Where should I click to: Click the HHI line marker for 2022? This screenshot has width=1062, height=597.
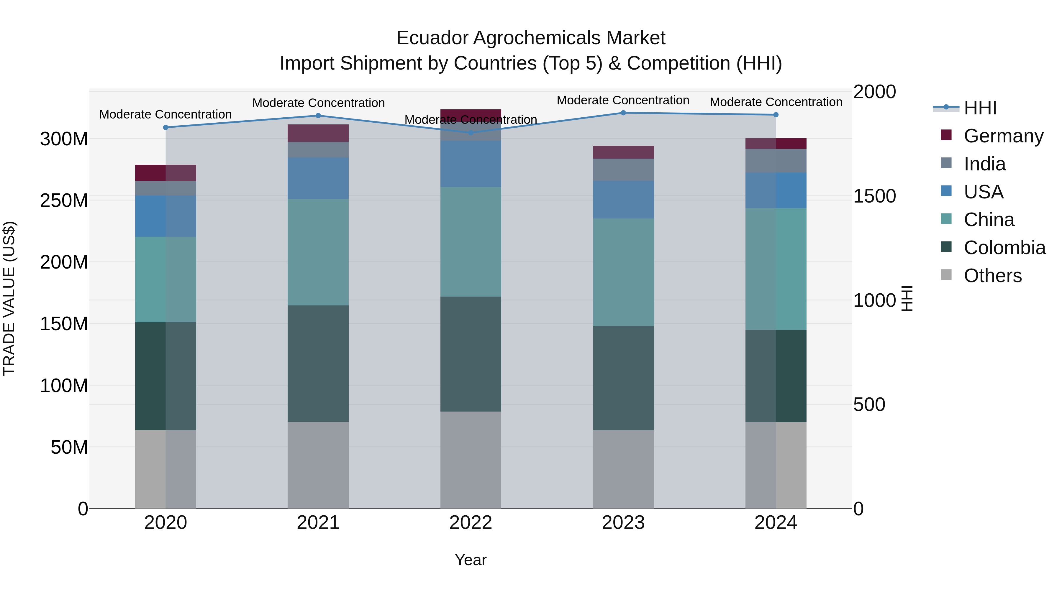[x=471, y=133]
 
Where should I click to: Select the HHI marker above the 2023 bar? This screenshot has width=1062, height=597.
[x=623, y=113]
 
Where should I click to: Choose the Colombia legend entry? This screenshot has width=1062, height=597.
[x=1004, y=248]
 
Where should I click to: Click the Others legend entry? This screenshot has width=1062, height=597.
[x=992, y=276]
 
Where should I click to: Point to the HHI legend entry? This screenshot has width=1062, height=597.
[x=980, y=108]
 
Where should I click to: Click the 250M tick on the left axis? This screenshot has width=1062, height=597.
[x=64, y=201]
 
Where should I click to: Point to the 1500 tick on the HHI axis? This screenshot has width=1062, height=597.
[x=874, y=196]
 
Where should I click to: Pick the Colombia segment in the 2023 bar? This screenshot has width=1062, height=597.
[x=623, y=378]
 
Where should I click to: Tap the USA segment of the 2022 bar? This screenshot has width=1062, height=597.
[x=471, y=164]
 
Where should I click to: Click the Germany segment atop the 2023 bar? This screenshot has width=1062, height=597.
[x=623, y=152]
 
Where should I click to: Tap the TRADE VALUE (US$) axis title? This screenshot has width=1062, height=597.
[x=9, y=298]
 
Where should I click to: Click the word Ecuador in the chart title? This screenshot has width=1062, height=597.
[x=432, y=38]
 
